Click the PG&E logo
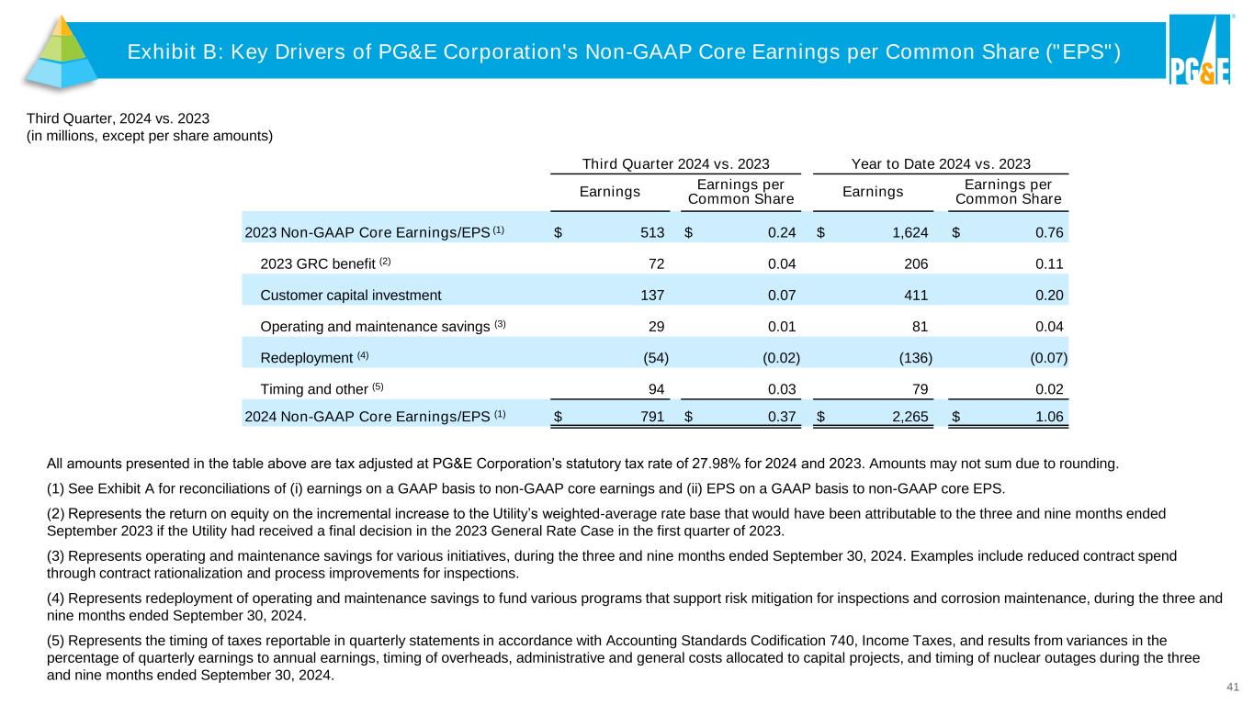point(1199,51)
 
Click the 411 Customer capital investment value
point(916,295)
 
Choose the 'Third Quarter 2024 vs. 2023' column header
point(676,164)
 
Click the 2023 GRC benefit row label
point(318,263)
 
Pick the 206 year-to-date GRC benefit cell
point(916,263)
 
